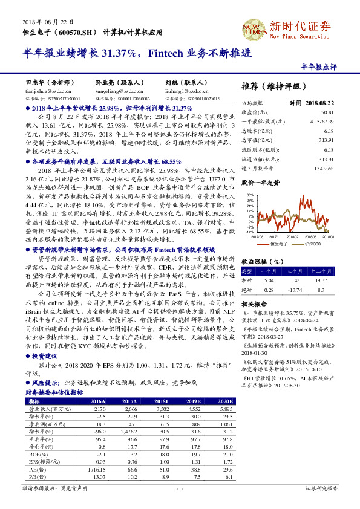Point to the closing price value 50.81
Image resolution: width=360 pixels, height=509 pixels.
[x=327, y=112]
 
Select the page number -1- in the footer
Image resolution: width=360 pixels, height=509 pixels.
[x=180, y=487]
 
